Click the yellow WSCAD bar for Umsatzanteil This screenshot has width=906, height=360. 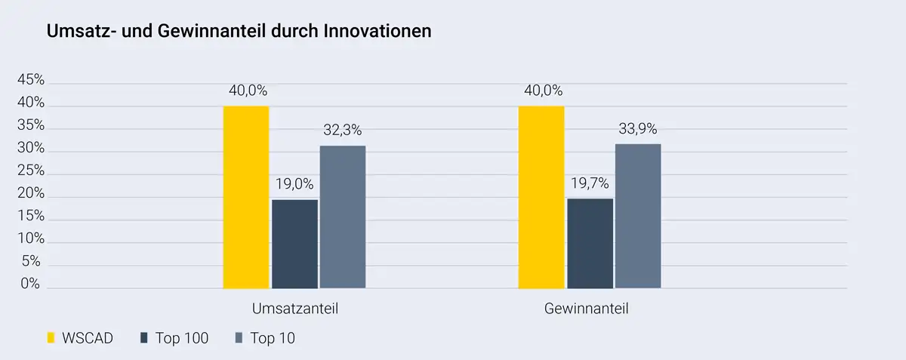point(246,197)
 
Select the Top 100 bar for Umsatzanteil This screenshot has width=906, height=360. point(294,244)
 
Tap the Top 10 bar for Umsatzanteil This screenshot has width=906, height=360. point(343,217)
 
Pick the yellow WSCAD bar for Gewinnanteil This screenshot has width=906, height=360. point(541,197)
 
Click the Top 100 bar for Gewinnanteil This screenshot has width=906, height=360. point(590,243)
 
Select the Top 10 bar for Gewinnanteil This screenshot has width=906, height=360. point(638,216)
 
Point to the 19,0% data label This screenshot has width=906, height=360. point(294,184)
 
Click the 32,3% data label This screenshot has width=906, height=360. point(343,130)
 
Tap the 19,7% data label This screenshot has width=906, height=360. point(590,183)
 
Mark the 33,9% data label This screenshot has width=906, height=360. point(638,128)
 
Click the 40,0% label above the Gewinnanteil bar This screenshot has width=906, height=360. point(541,91)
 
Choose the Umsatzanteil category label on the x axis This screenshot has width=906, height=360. point(294,309)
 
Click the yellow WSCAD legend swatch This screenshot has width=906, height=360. point(51,338)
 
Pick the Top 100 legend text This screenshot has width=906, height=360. point(182,338)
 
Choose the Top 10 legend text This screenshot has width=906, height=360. point(273,338)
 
